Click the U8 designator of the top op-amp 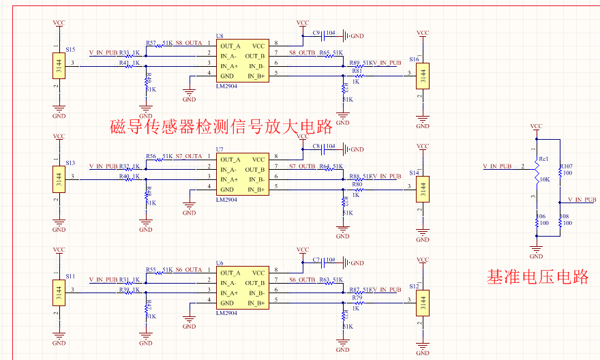pos(220,35)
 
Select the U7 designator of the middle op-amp pos(220,149)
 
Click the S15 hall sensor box pos(59,67)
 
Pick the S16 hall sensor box pos(423,74)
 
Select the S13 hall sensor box pos(59,181)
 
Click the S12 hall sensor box pos(423,301)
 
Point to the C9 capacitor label pos(316,33)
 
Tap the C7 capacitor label pos(316,260)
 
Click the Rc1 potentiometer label pos(543,159)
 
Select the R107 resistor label pos(566,166)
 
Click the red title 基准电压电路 pos(537,277)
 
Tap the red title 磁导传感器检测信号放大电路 pos(221,126)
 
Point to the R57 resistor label pos(151,43)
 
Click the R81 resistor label pos(357,70)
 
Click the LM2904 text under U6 pos(226,313)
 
